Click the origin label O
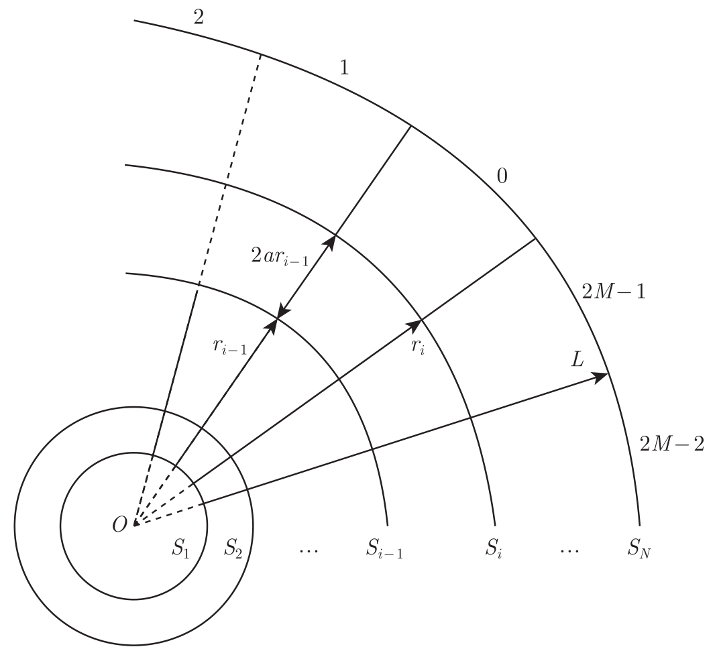coord(119,524)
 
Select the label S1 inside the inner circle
coord(181,548)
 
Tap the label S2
coord(233,548)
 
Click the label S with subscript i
coord(494,549)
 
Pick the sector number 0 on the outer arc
coord(502,176)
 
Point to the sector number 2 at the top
coord(198,17)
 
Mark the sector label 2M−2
coord(671,444)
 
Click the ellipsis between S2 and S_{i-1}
coord(308,550)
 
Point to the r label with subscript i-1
coord(227,346)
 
